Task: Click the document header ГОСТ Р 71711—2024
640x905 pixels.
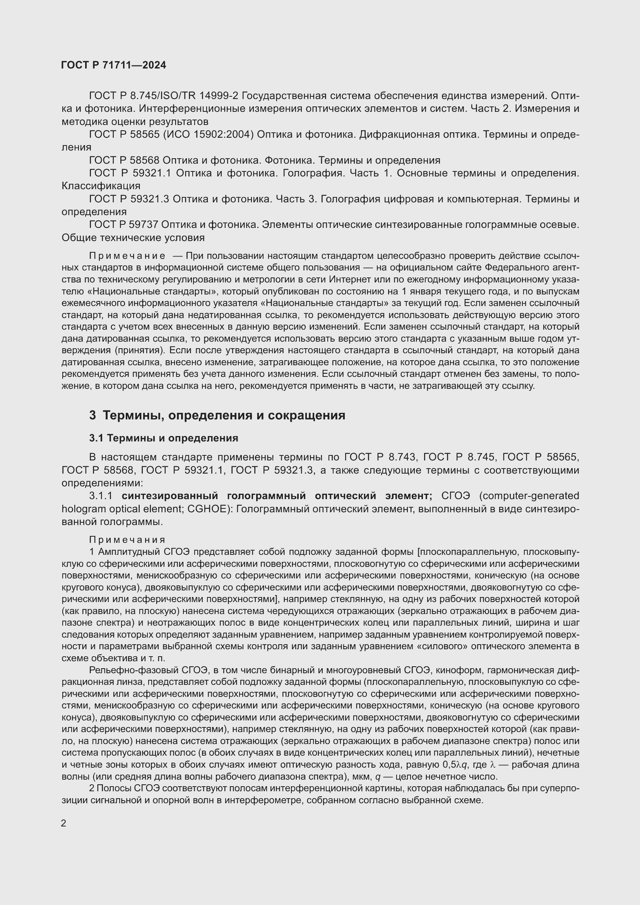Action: (x=113, y=65)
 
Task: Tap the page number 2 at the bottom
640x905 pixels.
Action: (x=64, y=823)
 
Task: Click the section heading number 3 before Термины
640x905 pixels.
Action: (x=92, y=416)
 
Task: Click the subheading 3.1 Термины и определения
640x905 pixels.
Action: (x=164, y=438)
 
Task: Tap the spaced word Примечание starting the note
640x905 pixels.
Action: (x=127, y=256)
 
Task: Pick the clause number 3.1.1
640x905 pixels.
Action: (x=101, y=496)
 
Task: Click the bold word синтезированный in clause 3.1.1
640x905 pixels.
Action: (x=170, y=496)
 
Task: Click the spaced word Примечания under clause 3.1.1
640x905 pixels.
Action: (x=127, y=540)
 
